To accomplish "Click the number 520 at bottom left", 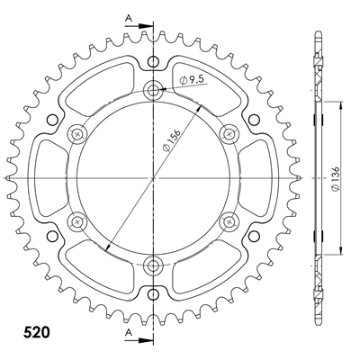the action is (x=36, y=332).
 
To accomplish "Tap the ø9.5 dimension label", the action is (x=191, y=80).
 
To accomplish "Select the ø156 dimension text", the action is (x=171, y=140).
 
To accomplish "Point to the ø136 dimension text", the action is (x=336, y=178).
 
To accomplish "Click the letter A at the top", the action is (x=129, y=19).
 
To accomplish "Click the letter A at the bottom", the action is (x=129, y=331).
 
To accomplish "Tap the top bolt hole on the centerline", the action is (x=153, y=89).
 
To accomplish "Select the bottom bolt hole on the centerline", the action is (x=153, y=265).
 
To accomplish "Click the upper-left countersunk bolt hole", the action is (x=77, y=133).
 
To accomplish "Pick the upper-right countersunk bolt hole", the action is (x=229, y=133).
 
